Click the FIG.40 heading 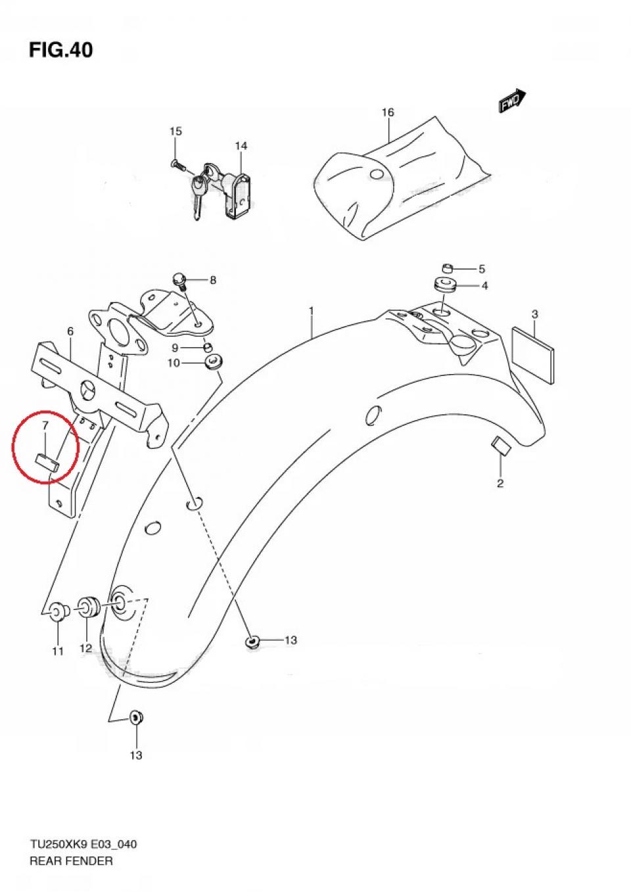60,50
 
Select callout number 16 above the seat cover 388,112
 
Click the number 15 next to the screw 175,131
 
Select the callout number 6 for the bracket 70,332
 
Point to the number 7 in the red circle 45,427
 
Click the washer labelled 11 58,612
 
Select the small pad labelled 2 500,447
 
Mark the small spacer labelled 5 448,268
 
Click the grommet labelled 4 445,286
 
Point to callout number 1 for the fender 312,310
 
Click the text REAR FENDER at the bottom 71,860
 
